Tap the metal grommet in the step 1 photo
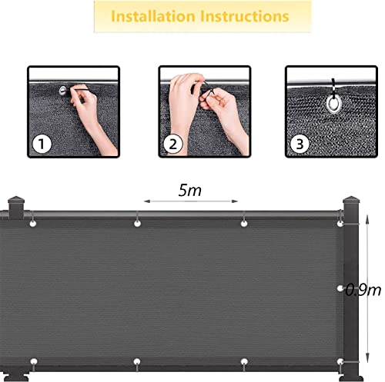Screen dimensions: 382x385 coord(62,91)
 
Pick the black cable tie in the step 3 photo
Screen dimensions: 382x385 coord(334,85)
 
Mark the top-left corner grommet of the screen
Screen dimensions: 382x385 coord(34,224)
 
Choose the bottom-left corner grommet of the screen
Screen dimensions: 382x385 coord(34,339)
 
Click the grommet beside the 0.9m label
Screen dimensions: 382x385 coord(342,289)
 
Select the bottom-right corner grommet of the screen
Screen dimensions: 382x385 coord(342,339)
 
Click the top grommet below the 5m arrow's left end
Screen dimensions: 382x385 coord(137,224)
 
